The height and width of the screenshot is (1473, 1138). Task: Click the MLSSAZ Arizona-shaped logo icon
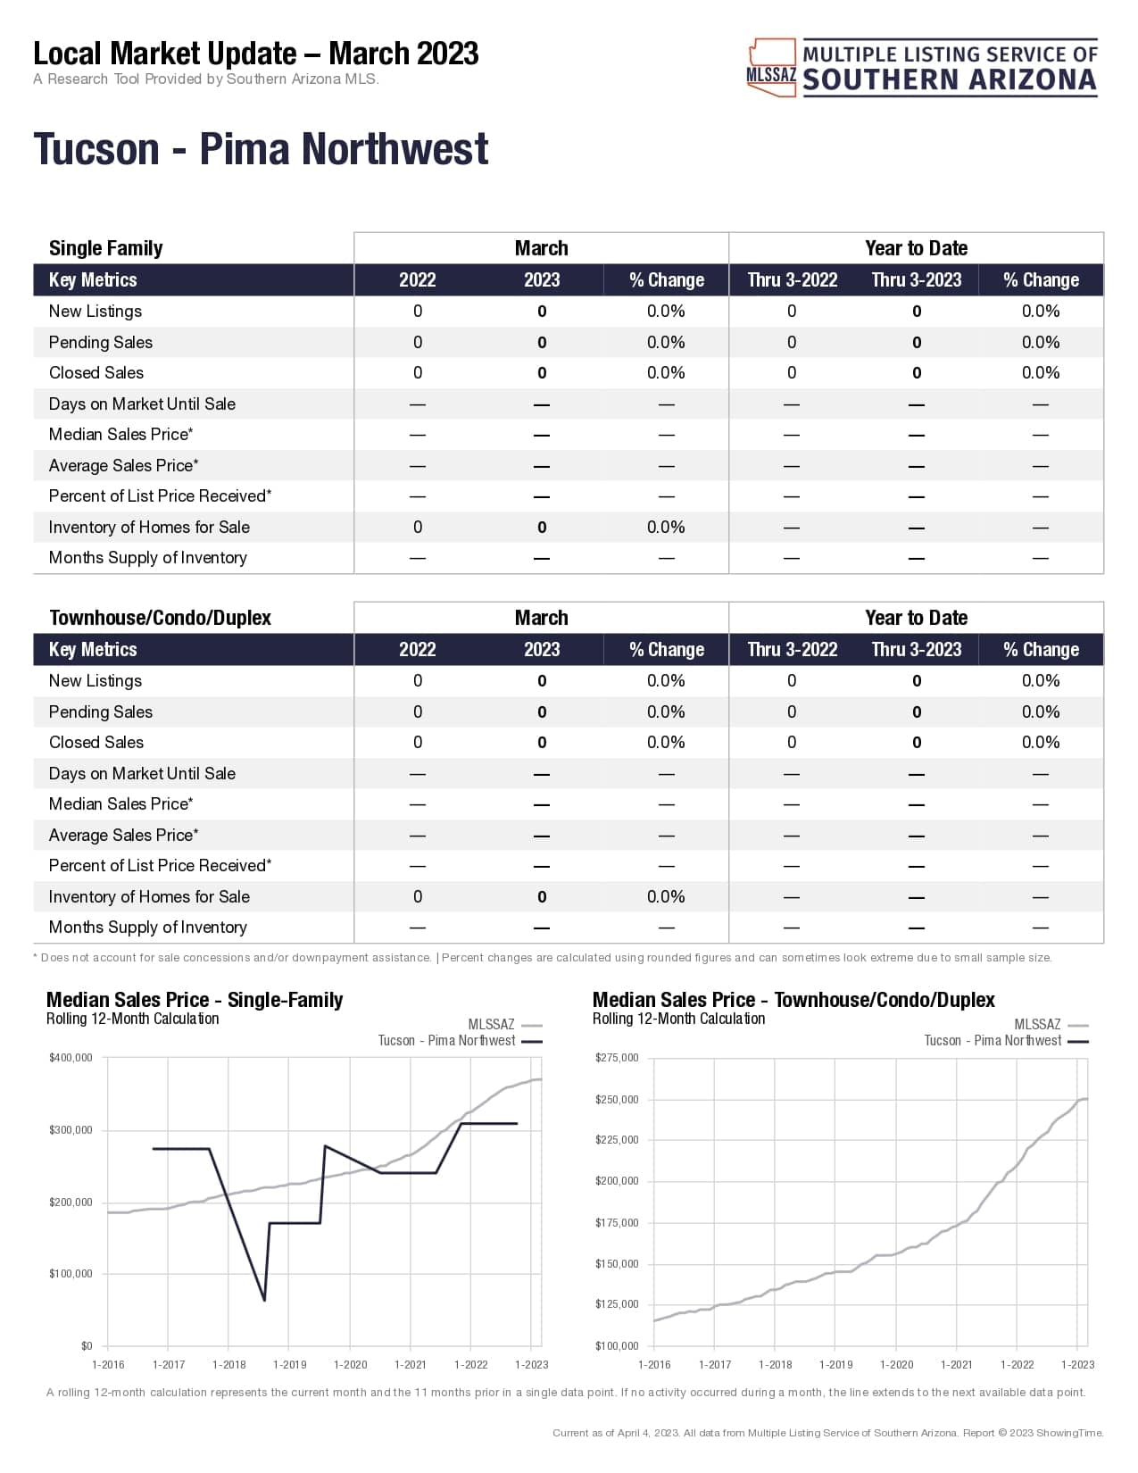(771, 67)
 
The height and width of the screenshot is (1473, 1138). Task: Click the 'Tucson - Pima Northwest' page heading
(261, 149)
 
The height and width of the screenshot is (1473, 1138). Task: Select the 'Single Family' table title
(105, 248)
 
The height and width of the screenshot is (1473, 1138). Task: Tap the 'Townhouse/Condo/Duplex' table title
(160, 618)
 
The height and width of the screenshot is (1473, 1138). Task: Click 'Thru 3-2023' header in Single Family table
(916, 280)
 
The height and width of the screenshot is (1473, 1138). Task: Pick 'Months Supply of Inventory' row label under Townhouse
(147, 928)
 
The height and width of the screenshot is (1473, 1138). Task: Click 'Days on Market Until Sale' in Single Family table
(142, 404)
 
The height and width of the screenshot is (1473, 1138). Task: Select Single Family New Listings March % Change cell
(666, 312)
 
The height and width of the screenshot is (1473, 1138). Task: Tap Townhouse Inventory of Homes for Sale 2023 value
(542, 897)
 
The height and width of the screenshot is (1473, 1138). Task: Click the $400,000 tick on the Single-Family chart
(71, 1058)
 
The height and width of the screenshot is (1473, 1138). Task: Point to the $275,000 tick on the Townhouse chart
(617, 1058)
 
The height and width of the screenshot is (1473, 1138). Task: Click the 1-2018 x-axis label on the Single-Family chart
(228, 1365)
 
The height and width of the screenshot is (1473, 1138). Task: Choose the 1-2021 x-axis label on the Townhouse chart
(956, 1365)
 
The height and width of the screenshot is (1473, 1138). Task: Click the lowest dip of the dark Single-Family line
(264, 1300)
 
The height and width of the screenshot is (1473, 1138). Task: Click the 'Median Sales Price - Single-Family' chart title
(195, 1000)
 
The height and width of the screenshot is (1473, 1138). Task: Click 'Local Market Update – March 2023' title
(255, 54)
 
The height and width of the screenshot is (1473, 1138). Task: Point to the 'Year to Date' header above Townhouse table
(916, 618)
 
